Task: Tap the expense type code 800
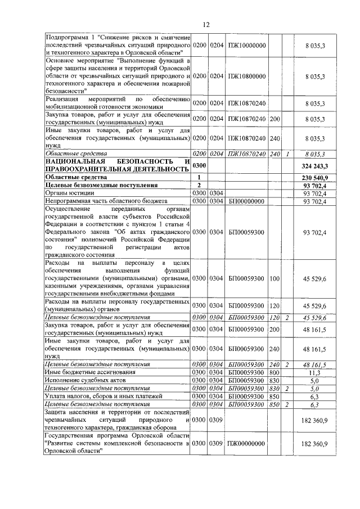tap(274, 372)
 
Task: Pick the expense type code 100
tap(274, 278)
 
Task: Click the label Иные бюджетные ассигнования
tap(87, 372)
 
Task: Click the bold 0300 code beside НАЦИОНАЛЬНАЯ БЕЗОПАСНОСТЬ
tap(200, 166)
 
